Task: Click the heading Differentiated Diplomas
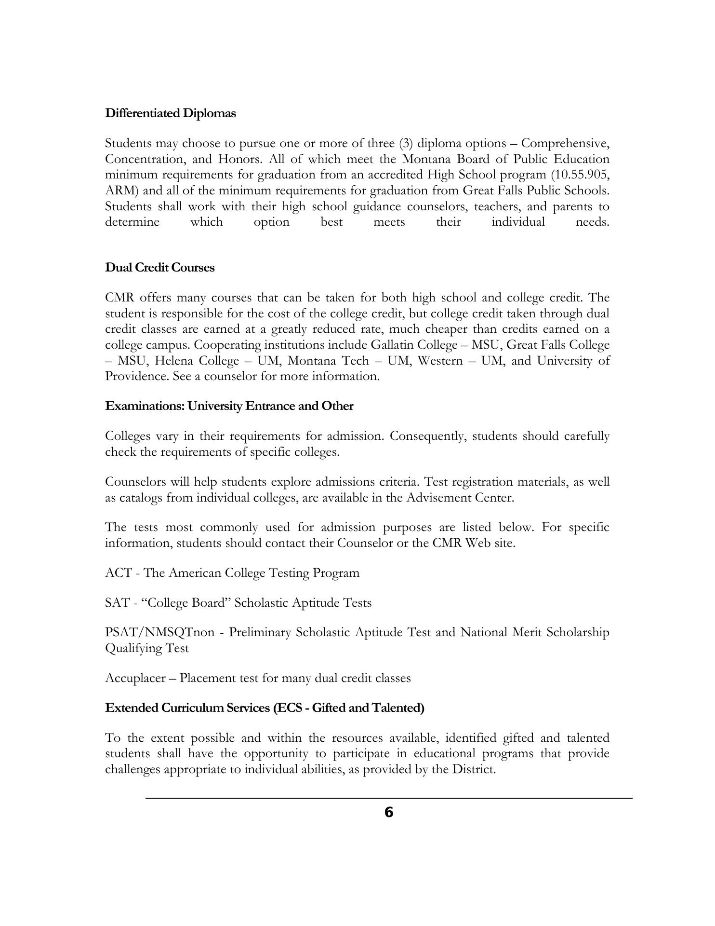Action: (171, 113)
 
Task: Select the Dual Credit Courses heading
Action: (159, 268)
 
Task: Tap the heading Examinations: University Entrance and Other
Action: (229, 406)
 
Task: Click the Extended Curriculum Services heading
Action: (265, 708)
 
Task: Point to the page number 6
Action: (389, 813)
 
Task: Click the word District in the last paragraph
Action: (472, 769)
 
